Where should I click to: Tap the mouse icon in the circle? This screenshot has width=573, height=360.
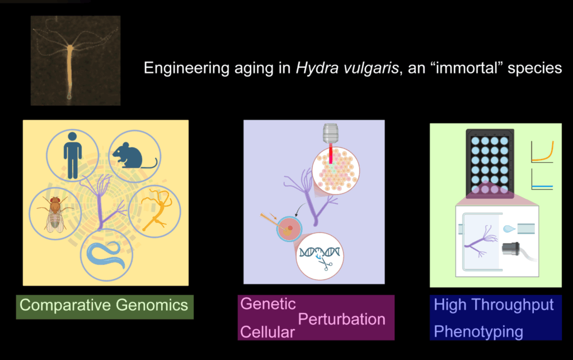[x=134, y=155]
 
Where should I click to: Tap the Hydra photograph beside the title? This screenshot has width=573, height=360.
[x=76, y=60]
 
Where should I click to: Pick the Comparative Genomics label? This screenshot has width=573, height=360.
[x=104, y=306]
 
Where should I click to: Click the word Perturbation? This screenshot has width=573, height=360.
[x=341, y=319]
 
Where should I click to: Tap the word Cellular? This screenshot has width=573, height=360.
[x=267, y=332]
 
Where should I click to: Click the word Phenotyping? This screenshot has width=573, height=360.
[x=478, y=331]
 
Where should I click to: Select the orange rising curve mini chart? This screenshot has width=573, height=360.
[x=542, y=152]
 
